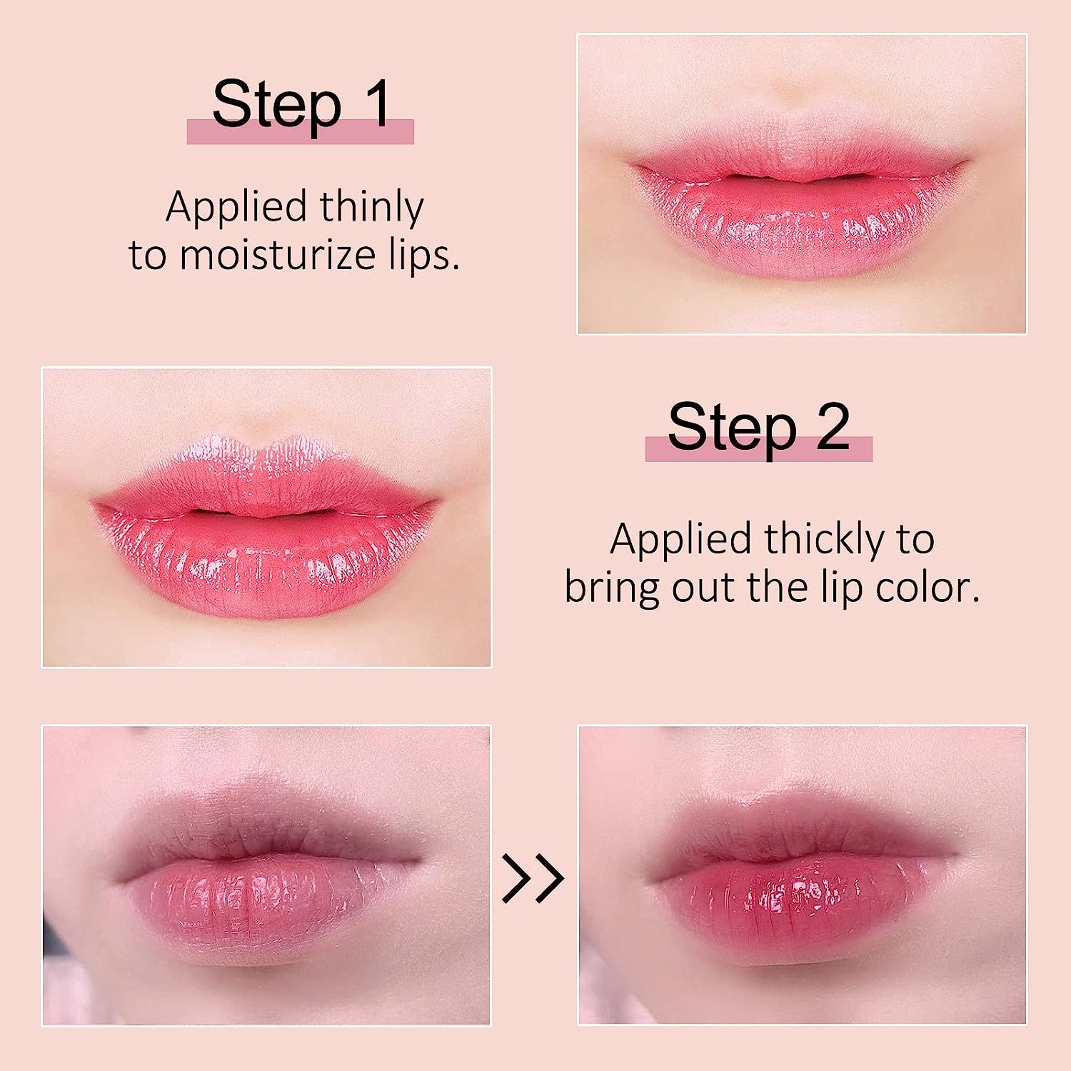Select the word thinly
click(371, 208)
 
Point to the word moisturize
click(277, 255)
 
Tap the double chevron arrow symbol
click(533, 878)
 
